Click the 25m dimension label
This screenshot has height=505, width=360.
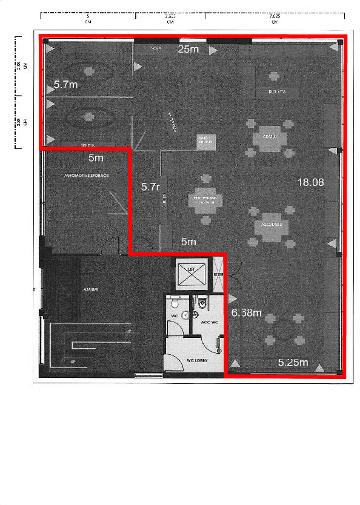point(188,50)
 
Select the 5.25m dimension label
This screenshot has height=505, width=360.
point(293,363)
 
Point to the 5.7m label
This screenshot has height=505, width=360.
point(65,85)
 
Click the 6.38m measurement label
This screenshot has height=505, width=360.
point(247,312)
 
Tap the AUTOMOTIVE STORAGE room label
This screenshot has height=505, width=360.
point(87,176)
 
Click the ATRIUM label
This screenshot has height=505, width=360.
point(90,289)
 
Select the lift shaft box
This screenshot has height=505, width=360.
point(191,273)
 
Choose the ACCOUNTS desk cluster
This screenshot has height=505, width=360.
point(271,225)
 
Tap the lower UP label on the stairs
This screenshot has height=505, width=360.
point(74,361)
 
